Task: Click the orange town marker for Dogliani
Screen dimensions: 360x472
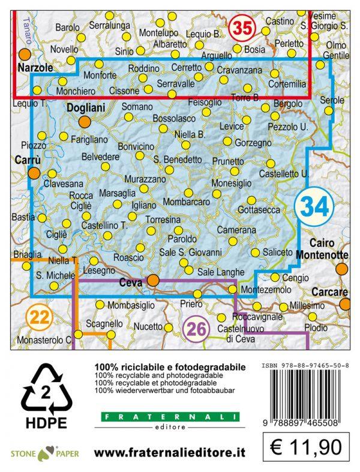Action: click(x=85, y=122)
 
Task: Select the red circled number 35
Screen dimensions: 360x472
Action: click(x=243, y=28)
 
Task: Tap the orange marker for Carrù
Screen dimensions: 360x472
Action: click(x=34, y=173)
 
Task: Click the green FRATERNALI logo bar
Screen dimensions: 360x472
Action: click(x=169, y=417)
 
